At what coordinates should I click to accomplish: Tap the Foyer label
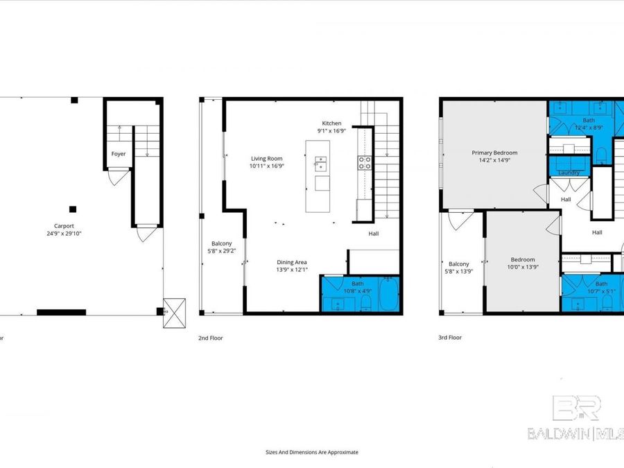pos(119,154)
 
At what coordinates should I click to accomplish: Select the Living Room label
pos(268,159)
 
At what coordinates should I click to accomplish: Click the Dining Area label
pos(291,262)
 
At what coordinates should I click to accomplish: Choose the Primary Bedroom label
pos(494,153)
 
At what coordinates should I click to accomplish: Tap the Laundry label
pos(569,173)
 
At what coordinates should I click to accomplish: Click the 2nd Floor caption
pos(211,338)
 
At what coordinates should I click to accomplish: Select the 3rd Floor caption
pos(450,338)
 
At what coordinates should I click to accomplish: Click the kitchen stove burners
pos(364,163)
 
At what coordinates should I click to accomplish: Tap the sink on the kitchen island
pos(321,164)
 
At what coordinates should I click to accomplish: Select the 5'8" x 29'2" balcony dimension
pos(222,251)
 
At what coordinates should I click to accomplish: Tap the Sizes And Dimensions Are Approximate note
pos(312,452)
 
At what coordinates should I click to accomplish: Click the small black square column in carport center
pos(72,209)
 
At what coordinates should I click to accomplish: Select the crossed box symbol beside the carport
pos(174,312)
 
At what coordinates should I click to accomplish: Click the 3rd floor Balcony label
pos(459,263)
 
